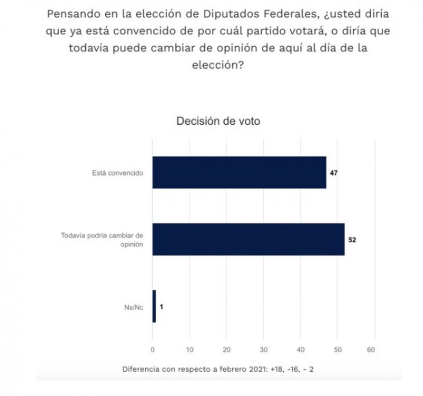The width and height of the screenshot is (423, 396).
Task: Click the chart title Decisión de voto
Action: pyautogui.click(x=218, y=121)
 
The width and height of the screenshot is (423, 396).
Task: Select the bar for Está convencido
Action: pyautogui.click(x=239, y=172)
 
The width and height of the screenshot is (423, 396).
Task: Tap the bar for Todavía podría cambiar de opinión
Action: pyautogui.click(x=248, y=240)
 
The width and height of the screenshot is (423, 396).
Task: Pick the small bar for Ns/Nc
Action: pyautogui.click(x=154, y=306)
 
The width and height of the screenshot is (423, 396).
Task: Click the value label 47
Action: pyautogui.click(x=334, y=172)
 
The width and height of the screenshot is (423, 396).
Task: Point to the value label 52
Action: pyautogui.click(x=352, y=240)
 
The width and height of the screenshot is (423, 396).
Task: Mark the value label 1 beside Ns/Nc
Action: pyautogui.click(x=161, y=306)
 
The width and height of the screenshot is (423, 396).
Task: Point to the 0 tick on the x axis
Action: pyautogui.click(x=152, y=350)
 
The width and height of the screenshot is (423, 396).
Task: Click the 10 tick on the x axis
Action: pyautogui.click(x=189, y=350)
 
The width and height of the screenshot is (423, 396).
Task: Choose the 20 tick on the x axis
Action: pyautogui.click(x=226, y=350)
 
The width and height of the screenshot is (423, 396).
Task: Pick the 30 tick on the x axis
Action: pyautogui.click(x=263, y=350)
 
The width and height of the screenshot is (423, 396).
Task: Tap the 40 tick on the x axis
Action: pyautogui.click(x=300, y=350)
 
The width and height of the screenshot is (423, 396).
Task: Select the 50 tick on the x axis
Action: pyautogui.click(x=337, y=350)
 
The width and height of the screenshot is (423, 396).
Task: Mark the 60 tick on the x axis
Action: pyautogui.click(x=374, y=350)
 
